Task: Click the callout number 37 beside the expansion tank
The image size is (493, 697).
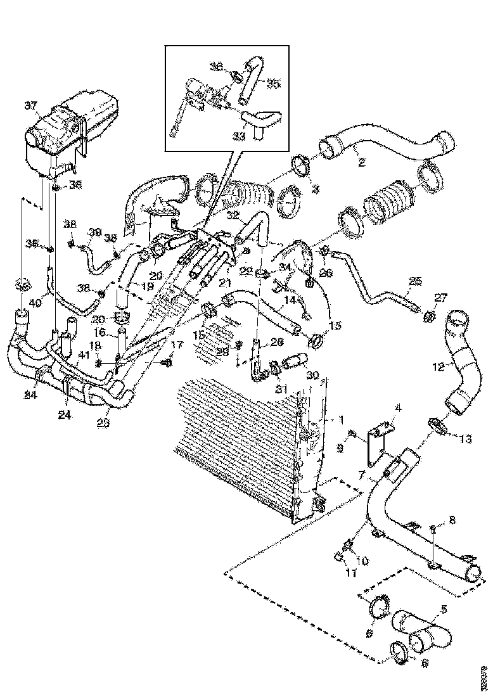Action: pyautogui.click(x=30, y=105)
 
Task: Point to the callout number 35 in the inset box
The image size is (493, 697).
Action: pyautogui.click(x=273, y=83)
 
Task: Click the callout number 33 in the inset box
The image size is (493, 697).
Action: pyautogui.click(x=239, y=136)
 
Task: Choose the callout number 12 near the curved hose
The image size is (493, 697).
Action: pyautogui.click(x=437, y=365)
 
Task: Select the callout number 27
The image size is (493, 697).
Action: pyautogui.click(x=440, y=297)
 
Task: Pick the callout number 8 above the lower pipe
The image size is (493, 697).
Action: pyautogui.click(x=452, y=520)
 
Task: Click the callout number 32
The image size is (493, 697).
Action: pyautogui.click(x=233, y=215)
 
